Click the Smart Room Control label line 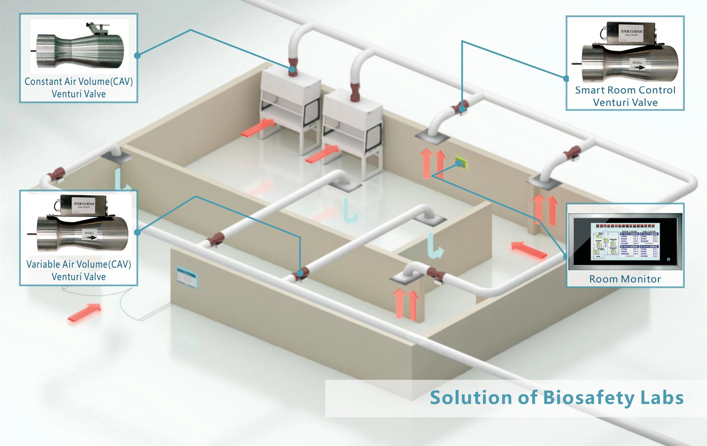pos(625,90)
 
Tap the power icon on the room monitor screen pos(669,259)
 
